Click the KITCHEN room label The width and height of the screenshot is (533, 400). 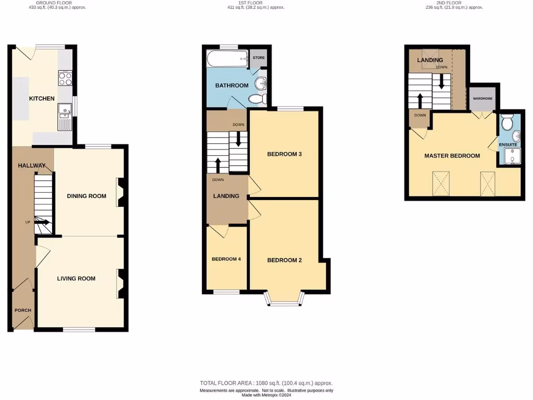coord(42,98)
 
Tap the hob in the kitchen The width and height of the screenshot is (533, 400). coord(66,79)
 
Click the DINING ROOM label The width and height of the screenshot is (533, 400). coord(86,196)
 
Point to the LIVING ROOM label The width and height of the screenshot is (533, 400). coord(76,279)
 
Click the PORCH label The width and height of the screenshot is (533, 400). coord(22,310)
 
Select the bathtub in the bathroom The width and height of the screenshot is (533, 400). coord(227,59)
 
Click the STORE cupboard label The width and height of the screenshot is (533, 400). coord(259,58)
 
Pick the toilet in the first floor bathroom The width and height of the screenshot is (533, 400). coord(258,98)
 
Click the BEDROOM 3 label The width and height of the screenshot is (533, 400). coord(284,154)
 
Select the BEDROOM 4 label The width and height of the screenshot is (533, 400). coord(226,259)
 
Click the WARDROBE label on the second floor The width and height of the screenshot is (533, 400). coord(483,98)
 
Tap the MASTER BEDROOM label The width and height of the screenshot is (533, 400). coord(452,156)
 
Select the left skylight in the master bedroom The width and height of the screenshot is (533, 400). coord(441,183)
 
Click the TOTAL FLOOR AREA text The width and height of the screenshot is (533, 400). coord(266,383)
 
